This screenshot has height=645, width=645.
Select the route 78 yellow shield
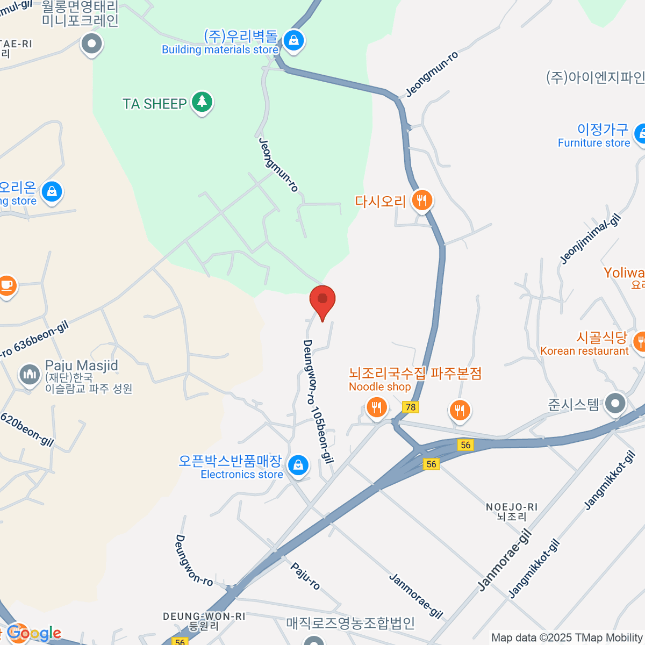411,407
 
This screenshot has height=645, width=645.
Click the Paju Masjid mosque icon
30,375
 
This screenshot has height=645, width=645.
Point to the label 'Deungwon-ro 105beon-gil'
318,401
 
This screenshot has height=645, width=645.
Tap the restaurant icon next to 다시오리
422,200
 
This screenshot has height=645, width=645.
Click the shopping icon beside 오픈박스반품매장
298,465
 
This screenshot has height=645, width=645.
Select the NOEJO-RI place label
511,507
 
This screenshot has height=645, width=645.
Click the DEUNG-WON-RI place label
204,617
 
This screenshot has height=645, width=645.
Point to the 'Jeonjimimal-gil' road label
590,239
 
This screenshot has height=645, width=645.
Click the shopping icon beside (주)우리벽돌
293,40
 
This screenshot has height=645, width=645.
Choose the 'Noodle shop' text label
379,386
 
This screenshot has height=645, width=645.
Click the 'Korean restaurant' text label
584,351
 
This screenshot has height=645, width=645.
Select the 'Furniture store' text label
593,143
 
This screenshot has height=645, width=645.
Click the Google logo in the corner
34,633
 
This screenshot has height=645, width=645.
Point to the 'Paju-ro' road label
305,576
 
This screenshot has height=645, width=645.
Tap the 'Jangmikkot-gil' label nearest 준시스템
610,480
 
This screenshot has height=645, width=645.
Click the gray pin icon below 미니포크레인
91,44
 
